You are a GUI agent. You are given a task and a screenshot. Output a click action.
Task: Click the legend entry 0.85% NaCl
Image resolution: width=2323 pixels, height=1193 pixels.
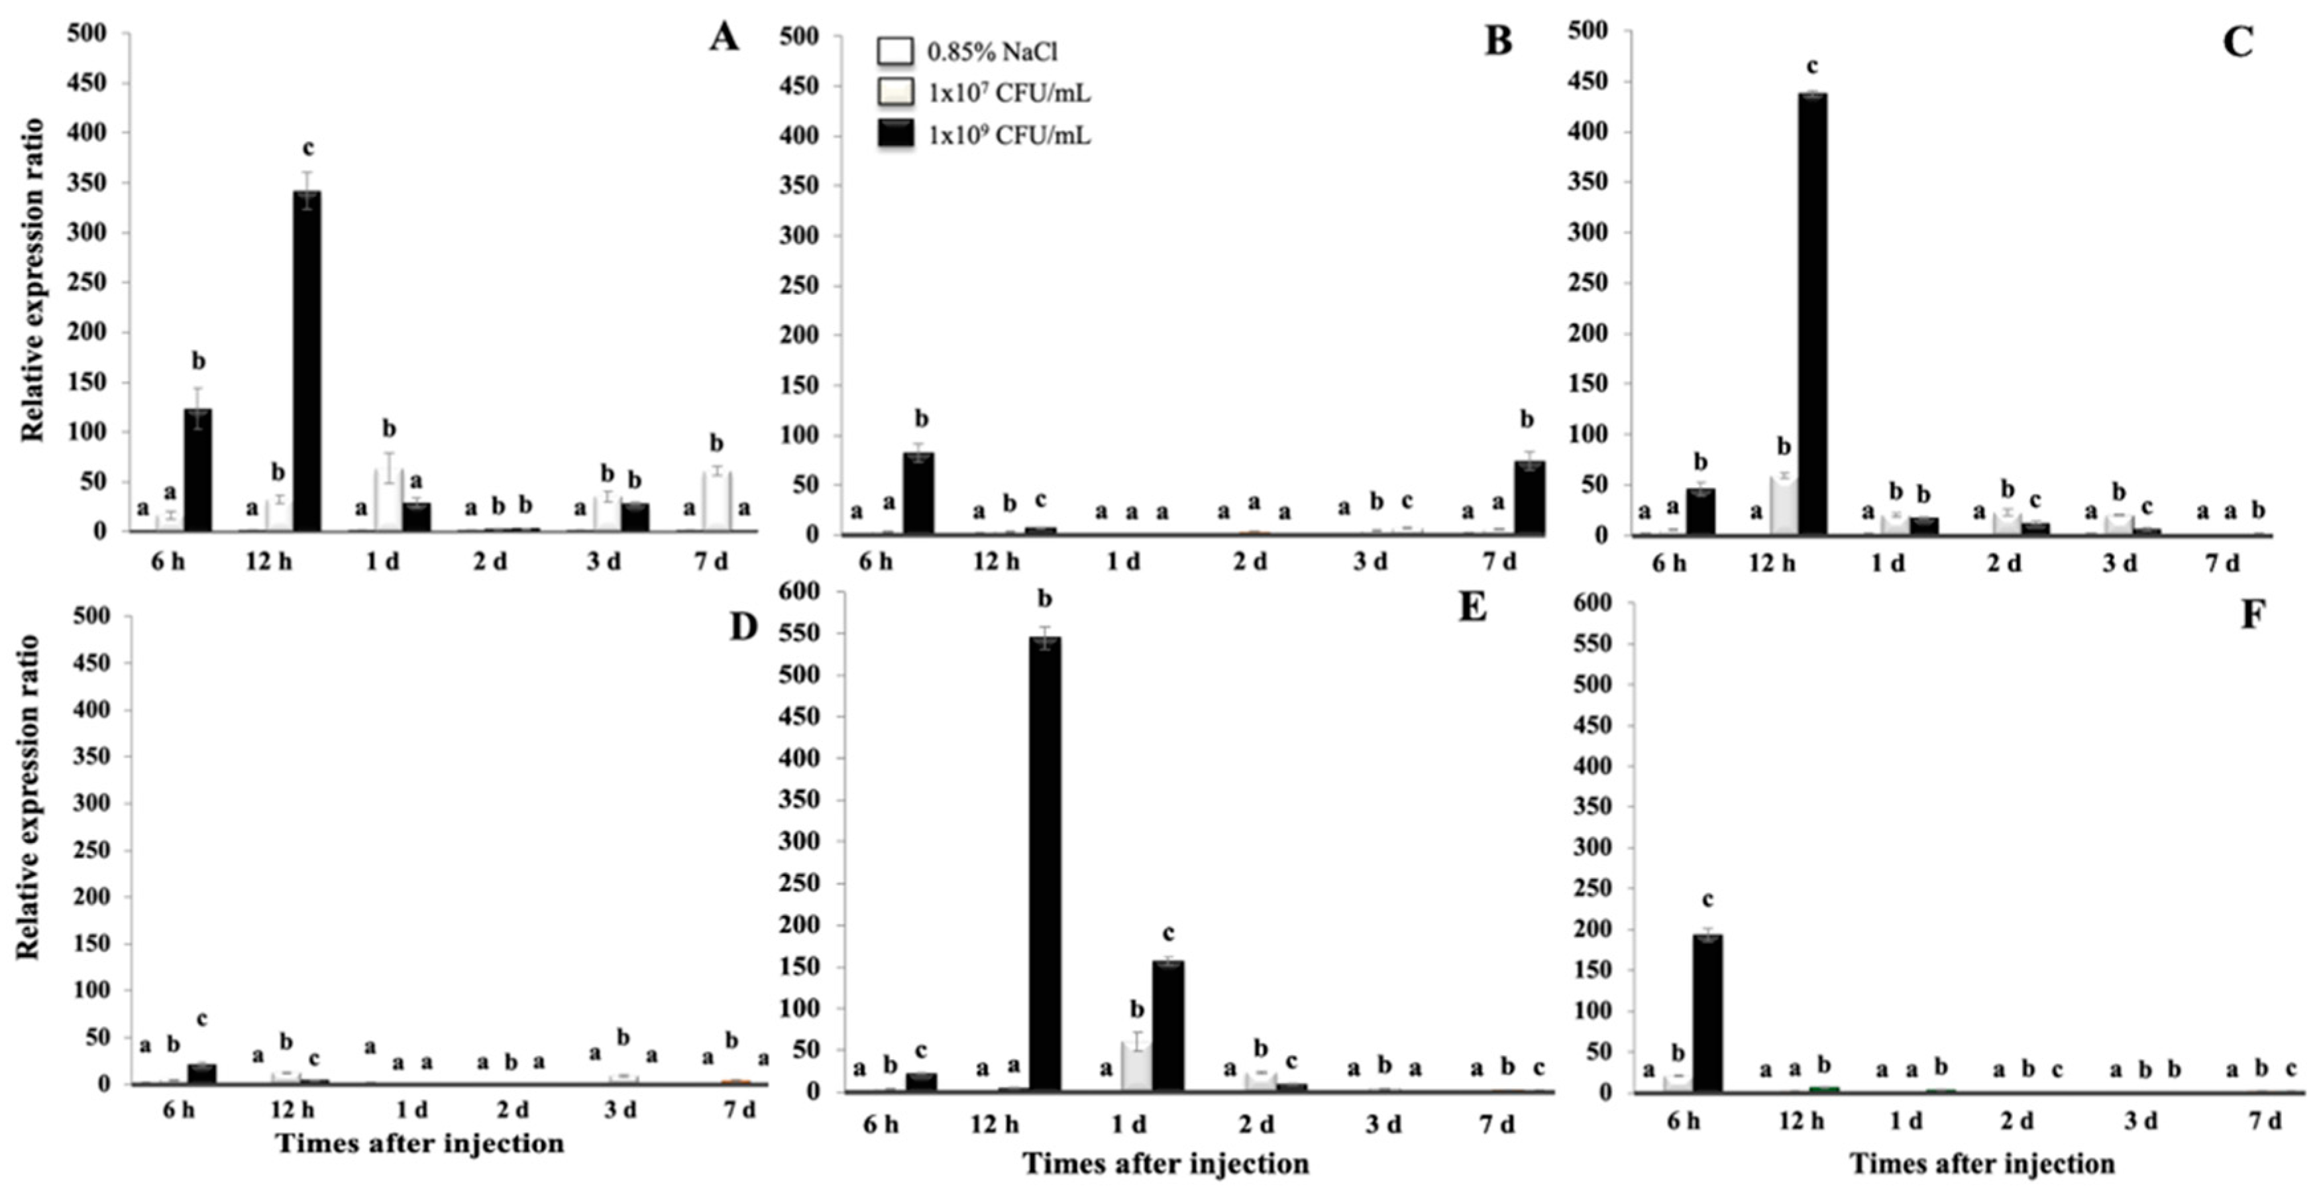[992, 52]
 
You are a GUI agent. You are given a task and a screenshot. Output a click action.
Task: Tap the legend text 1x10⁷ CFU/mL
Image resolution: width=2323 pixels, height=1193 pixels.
[1008, 93]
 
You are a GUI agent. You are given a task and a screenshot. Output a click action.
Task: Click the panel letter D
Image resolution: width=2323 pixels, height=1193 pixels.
[742, 626]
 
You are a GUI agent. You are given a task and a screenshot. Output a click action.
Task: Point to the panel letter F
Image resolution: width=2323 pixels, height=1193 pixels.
[2251, 615]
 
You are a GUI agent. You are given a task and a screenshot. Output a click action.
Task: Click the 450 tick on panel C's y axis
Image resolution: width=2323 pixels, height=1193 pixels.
[1587, 82]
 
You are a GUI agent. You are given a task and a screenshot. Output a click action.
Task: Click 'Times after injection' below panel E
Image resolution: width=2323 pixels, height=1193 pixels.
[1165, 1164]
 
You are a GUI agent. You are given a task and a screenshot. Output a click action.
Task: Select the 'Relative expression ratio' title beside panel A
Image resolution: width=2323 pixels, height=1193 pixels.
[33, 280]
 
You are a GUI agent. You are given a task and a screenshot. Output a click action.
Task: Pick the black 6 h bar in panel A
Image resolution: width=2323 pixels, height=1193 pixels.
[197, 469]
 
